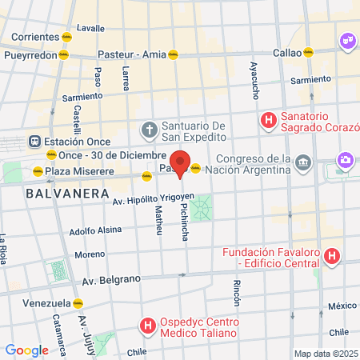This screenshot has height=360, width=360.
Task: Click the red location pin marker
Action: (180, 162)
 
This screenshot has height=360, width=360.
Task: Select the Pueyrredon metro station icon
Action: (64, 56)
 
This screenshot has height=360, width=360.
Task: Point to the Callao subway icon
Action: (308, 52)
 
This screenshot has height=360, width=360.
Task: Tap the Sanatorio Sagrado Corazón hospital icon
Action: (269, 121)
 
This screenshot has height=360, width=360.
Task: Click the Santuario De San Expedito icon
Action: (149, 129)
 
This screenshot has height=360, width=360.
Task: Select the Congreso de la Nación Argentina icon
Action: (302, 163)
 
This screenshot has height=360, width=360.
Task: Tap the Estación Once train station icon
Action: (34, 140)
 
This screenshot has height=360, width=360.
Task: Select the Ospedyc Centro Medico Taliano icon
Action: (147, 326)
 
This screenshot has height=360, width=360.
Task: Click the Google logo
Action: (26, 350)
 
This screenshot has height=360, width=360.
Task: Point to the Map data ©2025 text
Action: (326, 354)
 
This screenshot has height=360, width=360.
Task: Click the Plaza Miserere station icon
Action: (36, 170)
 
